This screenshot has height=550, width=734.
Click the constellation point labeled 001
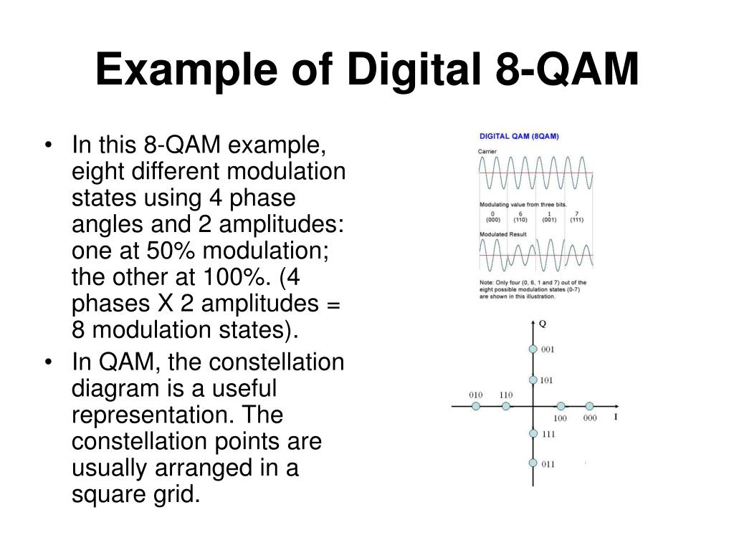click(x=533, y=349)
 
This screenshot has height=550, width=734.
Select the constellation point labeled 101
click(x=533, y=380)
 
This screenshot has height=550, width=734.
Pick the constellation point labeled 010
click(x=476, y=406)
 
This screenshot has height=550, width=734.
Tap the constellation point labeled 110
click(x=506, y=406)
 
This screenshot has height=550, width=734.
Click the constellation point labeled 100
click(x=561, y=406)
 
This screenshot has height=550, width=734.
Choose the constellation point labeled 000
click(x=589, y=406)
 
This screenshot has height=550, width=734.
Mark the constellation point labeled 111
click(x=533, y=433)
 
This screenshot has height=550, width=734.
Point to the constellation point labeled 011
click(x=533, y=463)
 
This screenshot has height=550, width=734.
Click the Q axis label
click(x=543, y=323)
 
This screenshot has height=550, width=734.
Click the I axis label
click(x=615, y=417)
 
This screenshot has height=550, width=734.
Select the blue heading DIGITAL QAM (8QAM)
click(x=519, y=136)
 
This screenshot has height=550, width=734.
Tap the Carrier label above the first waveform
click(x=487, y=151)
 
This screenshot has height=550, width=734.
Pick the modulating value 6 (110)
click(x=520, y=217)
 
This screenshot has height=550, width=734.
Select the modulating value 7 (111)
click(x=576, y=217)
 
